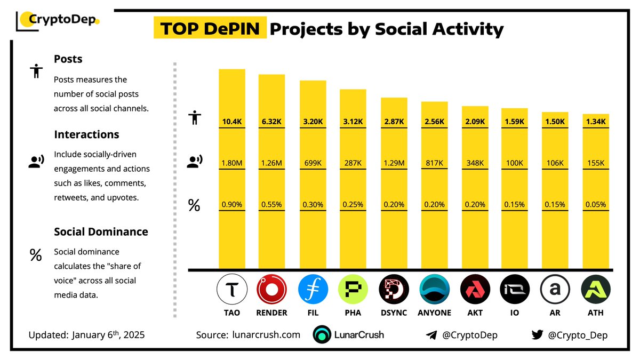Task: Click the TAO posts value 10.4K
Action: click(232, 122)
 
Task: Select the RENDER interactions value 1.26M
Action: click(272, 163)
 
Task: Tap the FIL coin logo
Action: click(313, 290)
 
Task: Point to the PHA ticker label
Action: click(353, 313)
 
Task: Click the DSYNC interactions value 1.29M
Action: click(394, 163)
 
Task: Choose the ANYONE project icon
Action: click(434, 290)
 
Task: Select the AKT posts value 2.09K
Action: click(475, 122)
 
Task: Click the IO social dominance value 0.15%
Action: click(515, 204)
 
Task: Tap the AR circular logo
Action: click(555, 290)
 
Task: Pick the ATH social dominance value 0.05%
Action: click(596, 204)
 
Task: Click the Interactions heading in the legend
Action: click(86, 134)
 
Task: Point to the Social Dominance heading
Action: click(101, 232)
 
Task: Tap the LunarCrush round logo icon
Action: click(323, 335)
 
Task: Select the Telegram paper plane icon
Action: click(431, 335)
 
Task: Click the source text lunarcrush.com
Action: click(266, 335)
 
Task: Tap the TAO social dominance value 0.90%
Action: click(232, 204)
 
